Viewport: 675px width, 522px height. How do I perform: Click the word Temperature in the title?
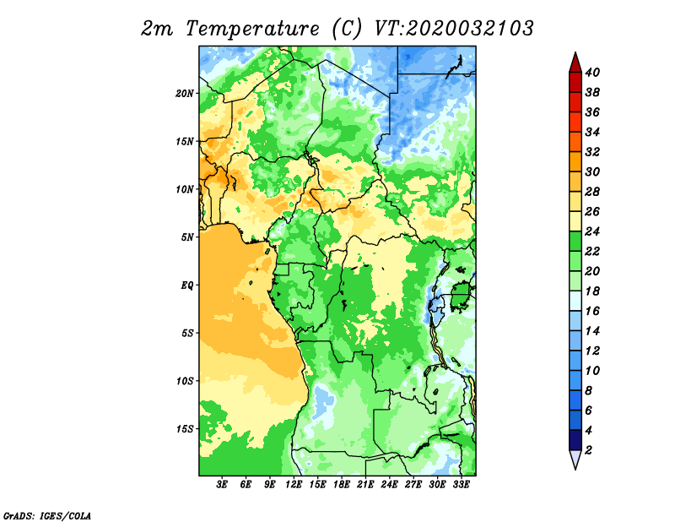point(252,29)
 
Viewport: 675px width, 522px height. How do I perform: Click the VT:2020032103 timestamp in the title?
point(454,29)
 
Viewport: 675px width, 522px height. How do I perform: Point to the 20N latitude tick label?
point(184,94)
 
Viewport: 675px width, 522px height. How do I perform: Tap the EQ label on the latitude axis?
point(187,285)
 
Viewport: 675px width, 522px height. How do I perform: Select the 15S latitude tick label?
point(184,429)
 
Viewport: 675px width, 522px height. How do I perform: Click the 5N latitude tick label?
point(187,237)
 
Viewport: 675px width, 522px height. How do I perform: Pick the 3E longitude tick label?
point(222,485)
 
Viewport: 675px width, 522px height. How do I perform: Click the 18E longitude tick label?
point(342,485)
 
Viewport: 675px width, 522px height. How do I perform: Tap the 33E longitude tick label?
point(461,485)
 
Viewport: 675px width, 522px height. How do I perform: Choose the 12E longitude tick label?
point(294,485)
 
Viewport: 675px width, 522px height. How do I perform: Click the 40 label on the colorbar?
point(592,73)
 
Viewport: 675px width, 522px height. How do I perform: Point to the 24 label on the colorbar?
point(592,231)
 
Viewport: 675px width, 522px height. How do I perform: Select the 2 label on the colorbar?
point(589,450)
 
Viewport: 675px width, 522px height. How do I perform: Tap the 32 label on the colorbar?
point(592,152)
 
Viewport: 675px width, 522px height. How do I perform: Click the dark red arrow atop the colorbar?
point(575,63)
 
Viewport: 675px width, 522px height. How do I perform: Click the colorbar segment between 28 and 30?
point(575,182)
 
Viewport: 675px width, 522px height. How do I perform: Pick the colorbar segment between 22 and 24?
point(575,242)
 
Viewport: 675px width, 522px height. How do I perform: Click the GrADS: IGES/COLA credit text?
point(47,515)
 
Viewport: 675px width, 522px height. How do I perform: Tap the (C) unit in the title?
point(347,29)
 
